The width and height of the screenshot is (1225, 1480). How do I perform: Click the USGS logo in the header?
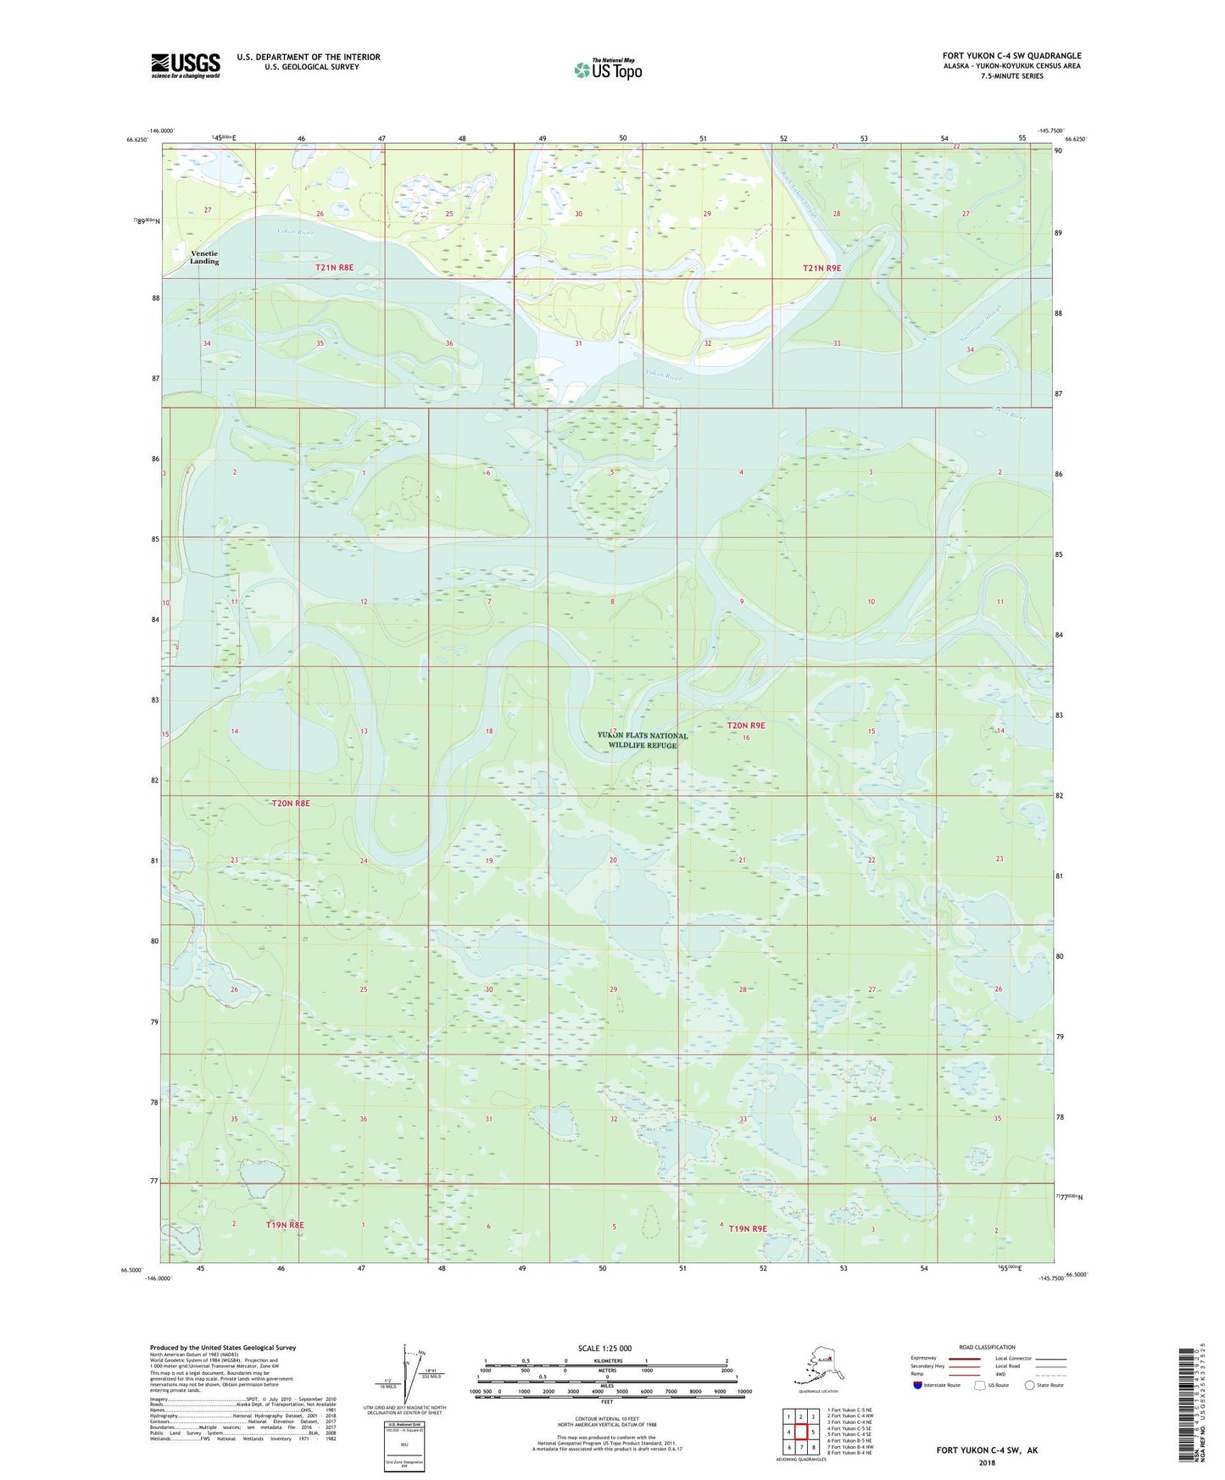tap(186, 65)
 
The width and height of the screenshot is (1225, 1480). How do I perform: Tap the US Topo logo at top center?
tap(608, 70)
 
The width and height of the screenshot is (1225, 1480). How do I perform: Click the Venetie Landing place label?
tap(204, 258)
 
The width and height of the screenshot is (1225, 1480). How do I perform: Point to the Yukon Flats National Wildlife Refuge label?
tap(643, 740)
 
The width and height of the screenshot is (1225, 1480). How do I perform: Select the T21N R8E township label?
tap(334, 267)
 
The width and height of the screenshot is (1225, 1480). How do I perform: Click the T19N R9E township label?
tap(748, 1228)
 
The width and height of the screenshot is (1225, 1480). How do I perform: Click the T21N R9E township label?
tap(821, 268)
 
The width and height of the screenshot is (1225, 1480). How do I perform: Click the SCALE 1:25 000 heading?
tap(606, 1349)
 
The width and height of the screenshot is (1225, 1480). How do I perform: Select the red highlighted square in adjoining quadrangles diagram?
tap(800, 1432)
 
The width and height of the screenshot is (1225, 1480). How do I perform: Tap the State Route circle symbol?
tap(1029, 1385)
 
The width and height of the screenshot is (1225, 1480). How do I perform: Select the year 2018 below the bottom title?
tap(987, 1463)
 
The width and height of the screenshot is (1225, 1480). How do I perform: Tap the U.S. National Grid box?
tap(404, 1448)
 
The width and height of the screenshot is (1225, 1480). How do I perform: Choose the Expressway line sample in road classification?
tap(963, 1358)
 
